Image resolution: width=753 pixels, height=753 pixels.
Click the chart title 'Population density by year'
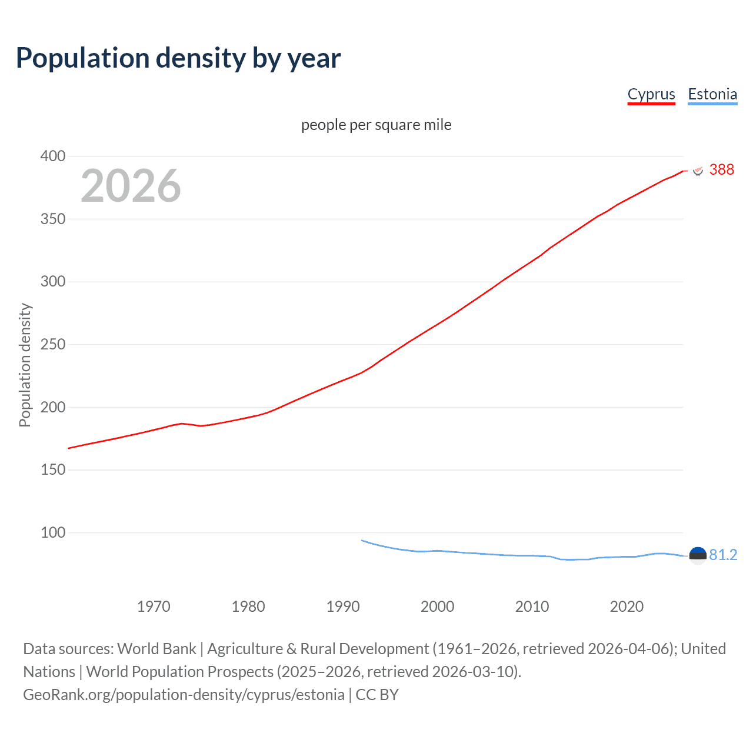178,58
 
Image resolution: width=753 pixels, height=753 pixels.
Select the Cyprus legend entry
651,94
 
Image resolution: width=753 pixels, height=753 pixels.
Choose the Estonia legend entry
712,94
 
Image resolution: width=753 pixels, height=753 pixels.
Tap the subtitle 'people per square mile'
376,125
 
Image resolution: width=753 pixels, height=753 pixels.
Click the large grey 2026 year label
131,186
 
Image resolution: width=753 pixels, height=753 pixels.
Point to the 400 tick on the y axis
53,156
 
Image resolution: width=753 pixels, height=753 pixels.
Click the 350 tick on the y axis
53,219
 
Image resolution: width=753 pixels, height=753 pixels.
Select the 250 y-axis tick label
53,344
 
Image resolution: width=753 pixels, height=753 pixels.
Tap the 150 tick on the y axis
53,469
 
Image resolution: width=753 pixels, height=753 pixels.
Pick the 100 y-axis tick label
53,532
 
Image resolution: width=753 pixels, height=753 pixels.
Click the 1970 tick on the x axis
154,607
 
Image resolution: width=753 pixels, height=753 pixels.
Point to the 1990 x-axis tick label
343,607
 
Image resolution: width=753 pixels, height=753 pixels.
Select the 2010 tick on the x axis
532,607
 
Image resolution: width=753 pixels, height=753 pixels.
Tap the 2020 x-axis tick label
627,607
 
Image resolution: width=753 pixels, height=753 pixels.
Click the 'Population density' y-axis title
25,365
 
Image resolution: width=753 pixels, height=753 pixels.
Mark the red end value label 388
721,170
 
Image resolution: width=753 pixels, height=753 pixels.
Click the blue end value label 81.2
723,555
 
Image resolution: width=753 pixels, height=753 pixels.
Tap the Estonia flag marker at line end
698,555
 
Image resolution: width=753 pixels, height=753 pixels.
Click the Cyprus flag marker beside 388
698,171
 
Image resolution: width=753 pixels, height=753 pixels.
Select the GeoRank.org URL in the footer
184,695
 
